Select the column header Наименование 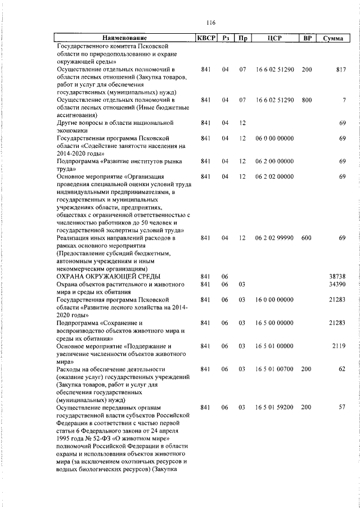coord(124,38)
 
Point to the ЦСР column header coord(275,38)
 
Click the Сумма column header coord(334,38)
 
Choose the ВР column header coord(307,38)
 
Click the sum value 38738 coord(336,277)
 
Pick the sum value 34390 coord(336,285)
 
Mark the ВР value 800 coord(307,100)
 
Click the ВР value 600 coord(307,238)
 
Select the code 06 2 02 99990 coord(274,238)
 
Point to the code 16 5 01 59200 coord(274,407)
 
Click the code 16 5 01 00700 coord(274,369)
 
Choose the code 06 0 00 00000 coord(274,138)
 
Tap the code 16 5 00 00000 coord(274,323)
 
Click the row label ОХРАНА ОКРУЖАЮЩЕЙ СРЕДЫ coord(108,277)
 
